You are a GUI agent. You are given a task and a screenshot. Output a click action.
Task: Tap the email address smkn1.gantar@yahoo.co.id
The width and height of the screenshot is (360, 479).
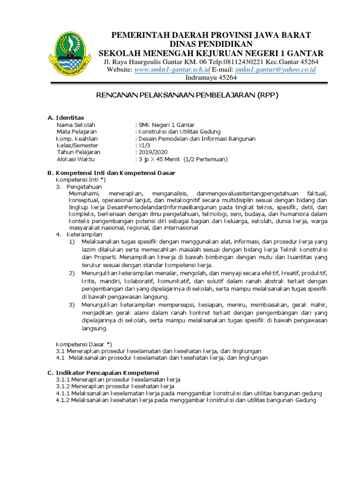tap(276, 69)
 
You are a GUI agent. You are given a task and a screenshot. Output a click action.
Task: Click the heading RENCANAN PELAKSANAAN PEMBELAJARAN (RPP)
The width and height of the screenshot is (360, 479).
tap(187, 95)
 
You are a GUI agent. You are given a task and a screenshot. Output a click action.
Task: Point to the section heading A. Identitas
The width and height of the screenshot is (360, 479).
tap(66, 117)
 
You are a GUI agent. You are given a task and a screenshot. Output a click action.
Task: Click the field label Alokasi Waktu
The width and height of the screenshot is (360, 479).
tap(75, 159)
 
